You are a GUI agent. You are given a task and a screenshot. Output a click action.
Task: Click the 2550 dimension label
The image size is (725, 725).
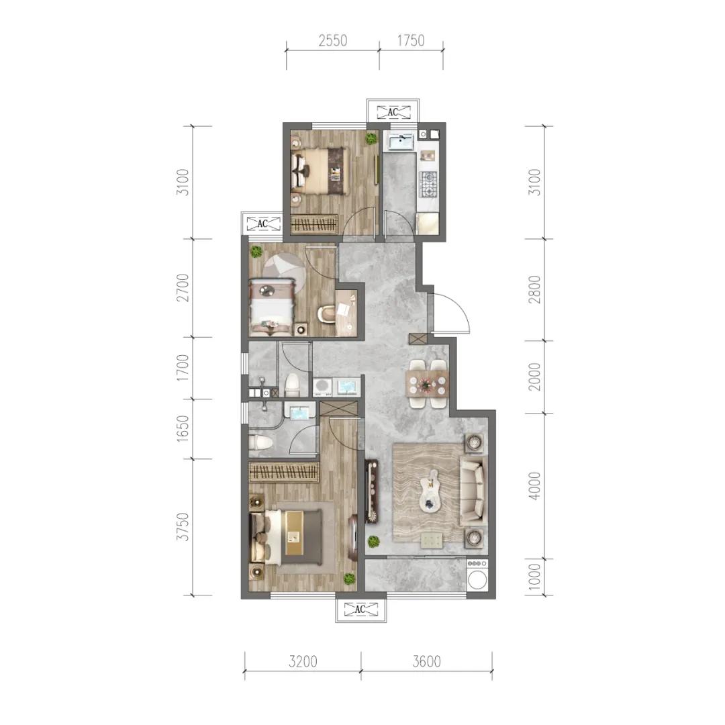pos(332,41)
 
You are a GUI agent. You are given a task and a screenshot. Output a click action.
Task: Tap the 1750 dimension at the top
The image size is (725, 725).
pos(411,41)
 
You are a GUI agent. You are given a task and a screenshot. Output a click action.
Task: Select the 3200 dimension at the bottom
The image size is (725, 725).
pos(302,662)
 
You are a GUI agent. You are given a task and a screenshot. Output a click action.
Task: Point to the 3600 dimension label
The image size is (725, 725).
pos(426,662)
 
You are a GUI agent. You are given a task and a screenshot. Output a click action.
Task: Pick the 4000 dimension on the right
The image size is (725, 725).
pos(534,485)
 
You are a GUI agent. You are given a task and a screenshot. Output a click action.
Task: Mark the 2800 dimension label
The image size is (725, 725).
pos(534,289)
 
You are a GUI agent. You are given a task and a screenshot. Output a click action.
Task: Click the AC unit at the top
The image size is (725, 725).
pos(393,111)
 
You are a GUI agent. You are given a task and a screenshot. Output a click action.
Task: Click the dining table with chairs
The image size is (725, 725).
pos(426,385)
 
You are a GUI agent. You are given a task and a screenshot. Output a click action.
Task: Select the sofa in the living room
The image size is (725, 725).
pos(472,492)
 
